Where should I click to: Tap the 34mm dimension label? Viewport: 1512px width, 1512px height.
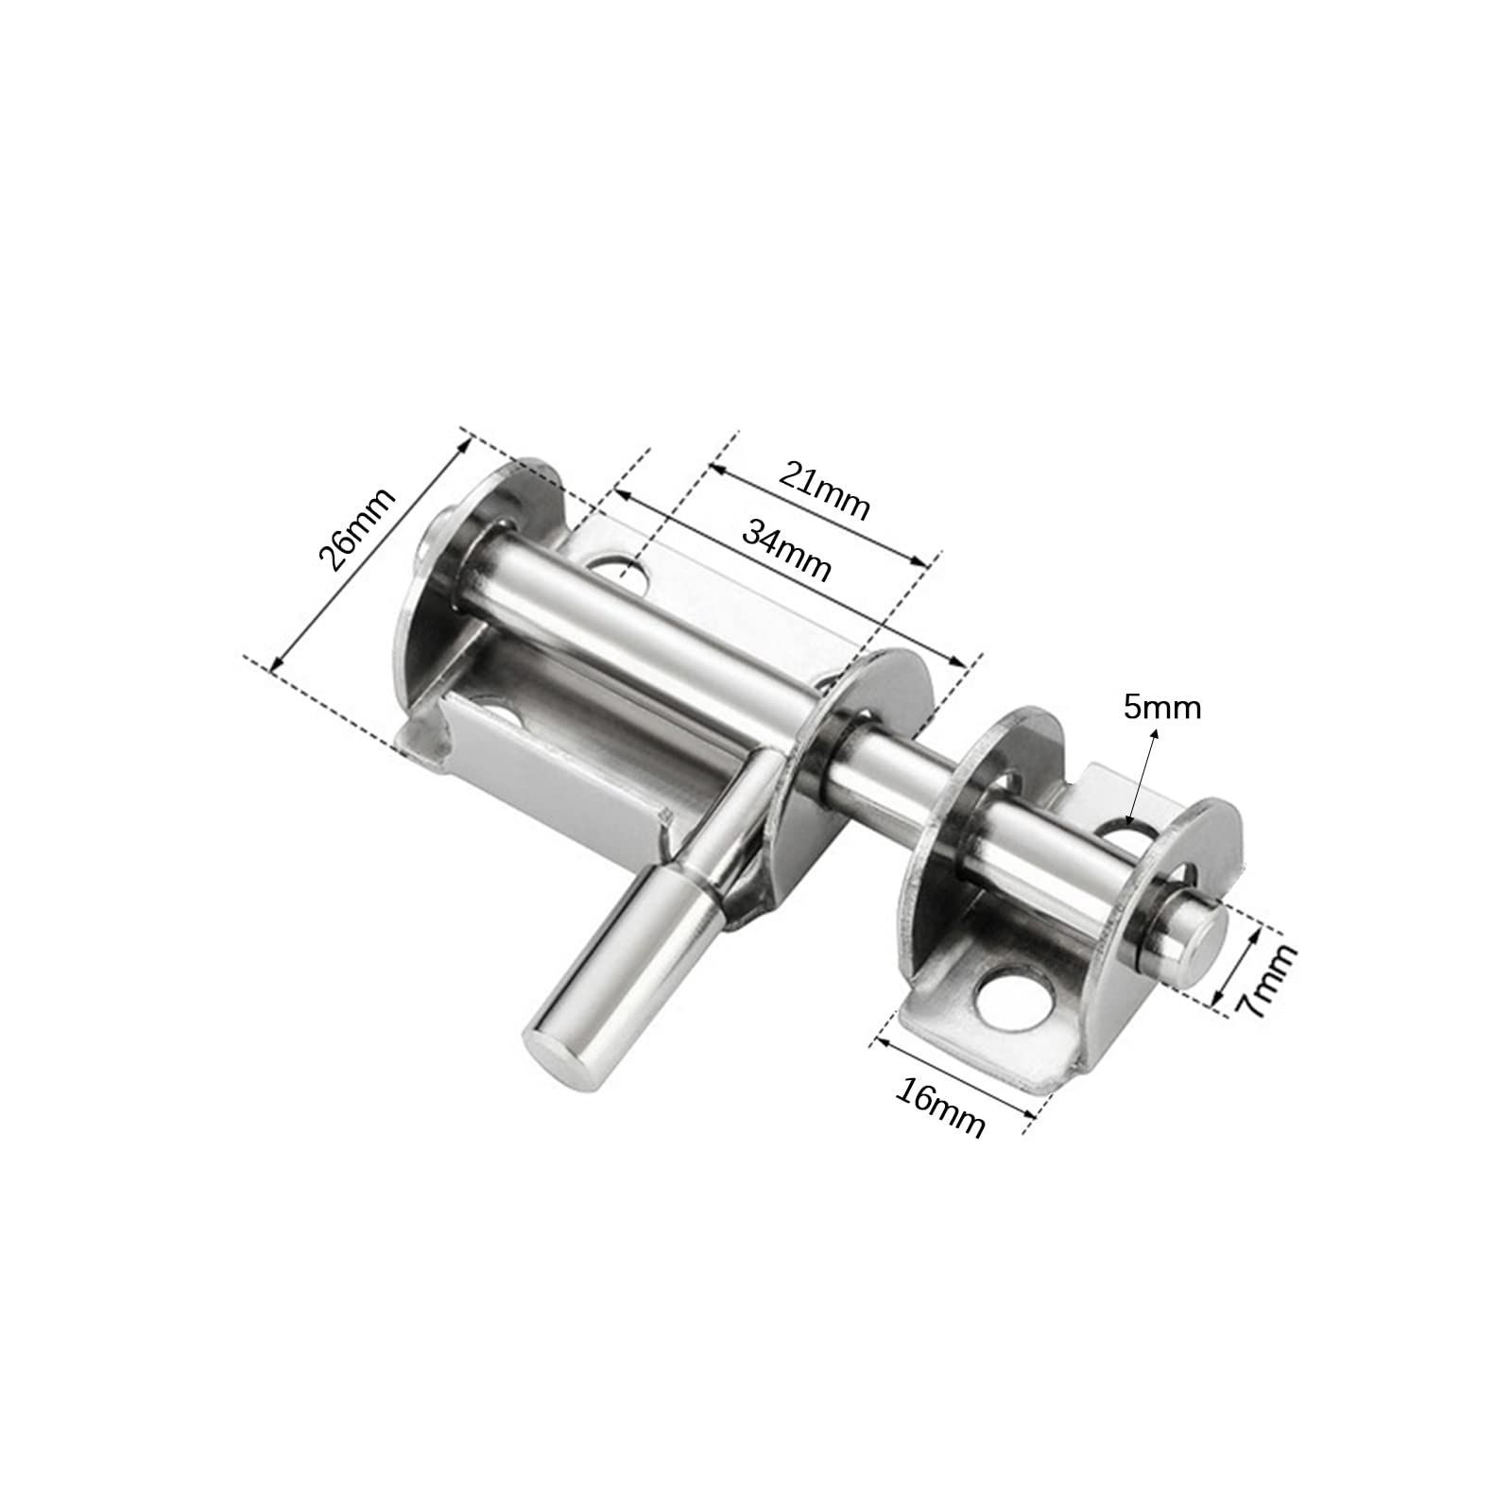point(786,550)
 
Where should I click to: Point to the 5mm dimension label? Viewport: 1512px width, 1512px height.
point(1161,706)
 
